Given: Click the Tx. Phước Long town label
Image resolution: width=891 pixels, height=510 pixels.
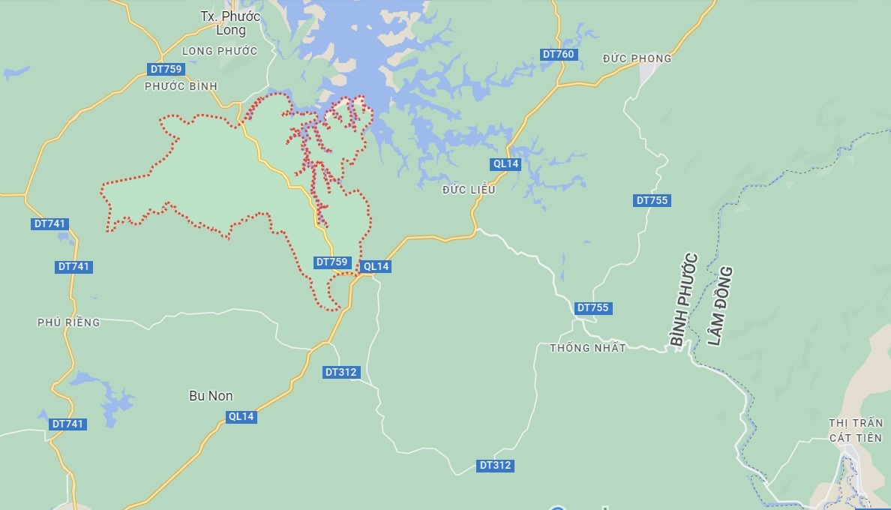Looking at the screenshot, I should [x=230, y=23].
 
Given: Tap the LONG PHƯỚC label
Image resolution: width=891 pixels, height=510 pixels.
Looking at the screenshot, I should [x=220, y=51].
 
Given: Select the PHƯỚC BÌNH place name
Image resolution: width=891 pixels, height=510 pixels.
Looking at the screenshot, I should [x=181, y=86].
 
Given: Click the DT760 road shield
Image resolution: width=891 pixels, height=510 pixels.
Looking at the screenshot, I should [x=558, y=54].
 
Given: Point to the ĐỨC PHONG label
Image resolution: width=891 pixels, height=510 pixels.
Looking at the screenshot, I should [x=637, y=58].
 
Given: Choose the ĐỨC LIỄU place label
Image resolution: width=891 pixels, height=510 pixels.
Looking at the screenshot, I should [x=469, y=190].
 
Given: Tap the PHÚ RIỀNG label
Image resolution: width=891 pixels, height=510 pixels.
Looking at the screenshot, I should [x=68, y=322].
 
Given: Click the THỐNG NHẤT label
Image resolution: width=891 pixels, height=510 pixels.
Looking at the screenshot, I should [x=587, y=348].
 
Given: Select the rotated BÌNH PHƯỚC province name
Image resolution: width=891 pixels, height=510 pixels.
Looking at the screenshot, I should [x=683, y=300].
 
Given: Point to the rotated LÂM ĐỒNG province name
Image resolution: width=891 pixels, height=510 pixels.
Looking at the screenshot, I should [x=719, y=306].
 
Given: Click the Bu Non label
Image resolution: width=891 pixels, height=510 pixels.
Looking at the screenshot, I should [x=210, y=396].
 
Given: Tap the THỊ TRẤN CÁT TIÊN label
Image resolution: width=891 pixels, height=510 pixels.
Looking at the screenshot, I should [x=855, y=430].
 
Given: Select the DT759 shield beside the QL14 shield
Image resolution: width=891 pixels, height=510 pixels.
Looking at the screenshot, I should [x=331, y=262].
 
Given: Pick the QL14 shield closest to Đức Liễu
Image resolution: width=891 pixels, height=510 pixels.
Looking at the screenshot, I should [x=505, y=163].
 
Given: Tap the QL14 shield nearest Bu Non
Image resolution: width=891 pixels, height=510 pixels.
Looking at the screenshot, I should [x=241, y=417].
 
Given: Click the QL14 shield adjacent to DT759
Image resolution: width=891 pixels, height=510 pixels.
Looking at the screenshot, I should [x=376, y=266].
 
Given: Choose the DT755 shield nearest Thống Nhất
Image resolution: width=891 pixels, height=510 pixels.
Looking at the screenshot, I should [x=592, y=307].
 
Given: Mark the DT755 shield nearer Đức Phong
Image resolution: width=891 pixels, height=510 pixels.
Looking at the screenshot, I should [x=652, y=200].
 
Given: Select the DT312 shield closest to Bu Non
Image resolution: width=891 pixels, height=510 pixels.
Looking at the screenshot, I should [x=341, y=372].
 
